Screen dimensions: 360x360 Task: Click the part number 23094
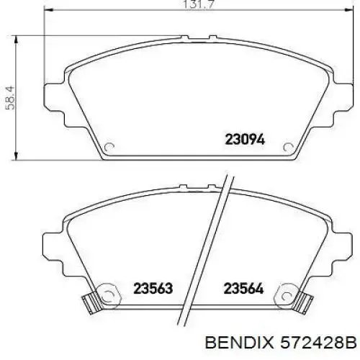pos(245,140)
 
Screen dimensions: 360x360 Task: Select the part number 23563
pos(153,288)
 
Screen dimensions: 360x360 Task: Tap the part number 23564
pos(243,288)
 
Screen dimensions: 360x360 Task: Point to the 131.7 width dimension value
pos(198,4)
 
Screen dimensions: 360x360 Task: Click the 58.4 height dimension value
pos(10,98)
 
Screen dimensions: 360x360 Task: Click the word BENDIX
pos(239,342)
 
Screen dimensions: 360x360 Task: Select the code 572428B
pos(319,342)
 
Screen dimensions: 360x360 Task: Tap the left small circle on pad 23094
pos(109,147)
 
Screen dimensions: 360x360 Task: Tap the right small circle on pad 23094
pos(288,147)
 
